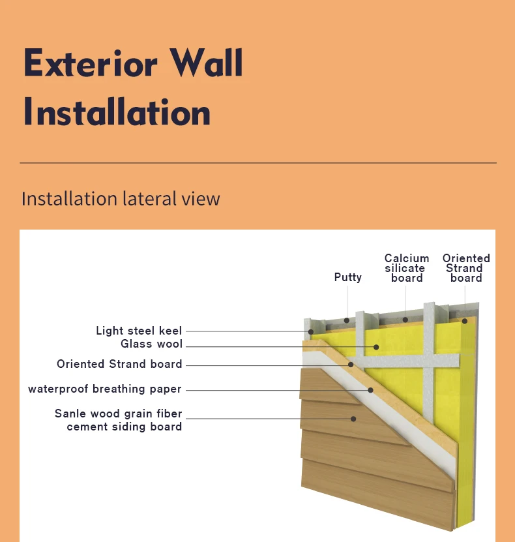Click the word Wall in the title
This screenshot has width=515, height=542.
tap(207, 64)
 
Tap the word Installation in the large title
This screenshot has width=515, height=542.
tap(117, 112)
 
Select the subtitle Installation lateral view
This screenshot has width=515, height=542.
tap(121, 198)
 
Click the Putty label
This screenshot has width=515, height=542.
tap(347, 277)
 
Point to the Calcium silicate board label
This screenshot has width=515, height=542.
tap(407, 268)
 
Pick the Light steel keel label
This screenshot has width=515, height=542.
tap(139, 331)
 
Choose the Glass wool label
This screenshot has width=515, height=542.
tap(151, 344)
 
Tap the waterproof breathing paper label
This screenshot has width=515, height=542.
tap(105, 389)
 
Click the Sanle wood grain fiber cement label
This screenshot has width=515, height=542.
tap(118, 420)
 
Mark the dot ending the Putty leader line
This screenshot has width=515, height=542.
tap(347, 320)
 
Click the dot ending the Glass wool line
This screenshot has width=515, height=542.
tap(376, 346)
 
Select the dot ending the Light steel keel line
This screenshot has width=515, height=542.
tap(312, 331)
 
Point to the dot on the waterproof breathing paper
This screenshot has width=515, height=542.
tap(370, 390)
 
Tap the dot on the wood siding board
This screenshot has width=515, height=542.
tap(354, 418)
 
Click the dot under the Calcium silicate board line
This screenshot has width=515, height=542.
tap(405, 320)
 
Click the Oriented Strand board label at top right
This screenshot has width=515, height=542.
tap(466, 268)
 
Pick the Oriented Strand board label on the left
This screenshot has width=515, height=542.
tap(119, 364)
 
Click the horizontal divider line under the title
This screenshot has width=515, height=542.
tap(257, 162)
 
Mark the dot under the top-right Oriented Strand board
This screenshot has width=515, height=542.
tap(465, 320)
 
